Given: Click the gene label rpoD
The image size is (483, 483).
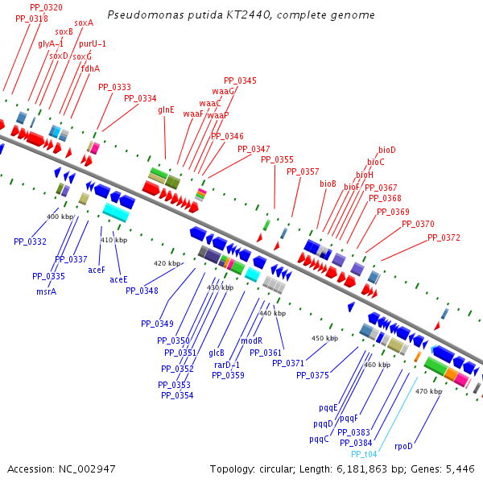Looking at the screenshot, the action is (x=403, y=445).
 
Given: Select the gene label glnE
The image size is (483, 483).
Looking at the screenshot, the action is (x=166, y=109).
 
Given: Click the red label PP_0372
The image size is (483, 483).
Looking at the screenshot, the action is (x=444, y=237).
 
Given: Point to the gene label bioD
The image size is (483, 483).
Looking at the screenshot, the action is (x=387, y=150).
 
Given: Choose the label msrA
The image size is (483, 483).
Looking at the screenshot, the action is (x=46, y=291).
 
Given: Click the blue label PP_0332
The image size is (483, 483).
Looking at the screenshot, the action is (x=30, y=242).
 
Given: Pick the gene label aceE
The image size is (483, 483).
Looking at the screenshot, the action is (x=118, y=279).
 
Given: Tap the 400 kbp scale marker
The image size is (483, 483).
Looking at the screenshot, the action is (x=60, y=217).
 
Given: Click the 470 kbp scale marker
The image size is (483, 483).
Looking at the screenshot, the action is (x=428, y=391).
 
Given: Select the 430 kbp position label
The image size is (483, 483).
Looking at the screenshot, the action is (x=219, y=287).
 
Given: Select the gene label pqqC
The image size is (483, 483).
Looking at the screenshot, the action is (x=319, y=439).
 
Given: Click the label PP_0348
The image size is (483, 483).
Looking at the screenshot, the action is (x=142, y=291).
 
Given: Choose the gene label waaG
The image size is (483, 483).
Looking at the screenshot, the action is (x=224, y=91).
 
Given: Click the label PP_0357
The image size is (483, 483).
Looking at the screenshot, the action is (x=303, y=171).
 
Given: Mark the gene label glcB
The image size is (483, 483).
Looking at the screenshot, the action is (x=217, y=353).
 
